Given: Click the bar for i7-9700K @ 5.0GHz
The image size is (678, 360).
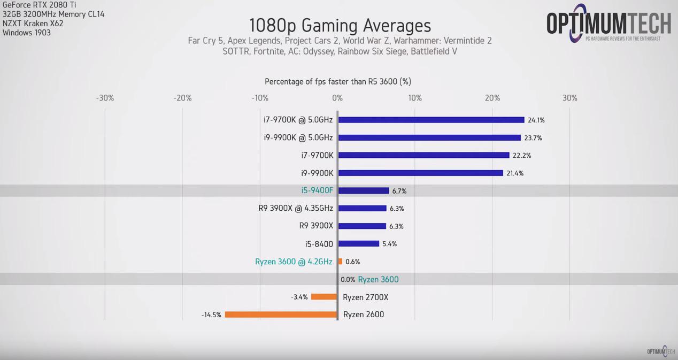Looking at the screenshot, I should coord(431,120).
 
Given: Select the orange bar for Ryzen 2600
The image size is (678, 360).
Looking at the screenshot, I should coord(281,315).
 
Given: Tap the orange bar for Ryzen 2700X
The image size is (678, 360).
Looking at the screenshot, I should coord(324,297).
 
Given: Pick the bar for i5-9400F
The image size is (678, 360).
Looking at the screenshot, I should coord(364,190).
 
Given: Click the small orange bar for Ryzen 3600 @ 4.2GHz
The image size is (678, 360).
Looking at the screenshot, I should coord(340,262).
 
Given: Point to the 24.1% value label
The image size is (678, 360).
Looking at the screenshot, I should coord(536,120).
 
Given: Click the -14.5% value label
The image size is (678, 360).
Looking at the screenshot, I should coord(211,315).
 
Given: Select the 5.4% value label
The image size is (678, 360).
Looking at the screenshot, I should coord(389,244).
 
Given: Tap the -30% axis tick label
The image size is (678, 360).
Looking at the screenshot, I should coord(105,98).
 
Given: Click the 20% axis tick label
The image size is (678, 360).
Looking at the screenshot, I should coord(492,98).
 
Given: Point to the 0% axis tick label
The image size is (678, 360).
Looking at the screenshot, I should coord(337,98).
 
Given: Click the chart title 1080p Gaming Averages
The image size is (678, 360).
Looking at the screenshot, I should coord(340,25).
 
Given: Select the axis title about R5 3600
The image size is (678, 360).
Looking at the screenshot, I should coord(338,81).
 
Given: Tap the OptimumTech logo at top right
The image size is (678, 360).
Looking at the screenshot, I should coord(608,24).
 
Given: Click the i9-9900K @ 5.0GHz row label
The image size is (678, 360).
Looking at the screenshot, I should coord(298,137).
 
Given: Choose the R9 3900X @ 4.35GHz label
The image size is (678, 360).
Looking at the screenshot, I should coord(296,208).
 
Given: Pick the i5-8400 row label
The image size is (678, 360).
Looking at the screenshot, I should coord(319,244).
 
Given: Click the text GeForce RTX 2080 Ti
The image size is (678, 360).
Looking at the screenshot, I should coord(40,5).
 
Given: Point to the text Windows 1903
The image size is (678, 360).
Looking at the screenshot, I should coord(27,33).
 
